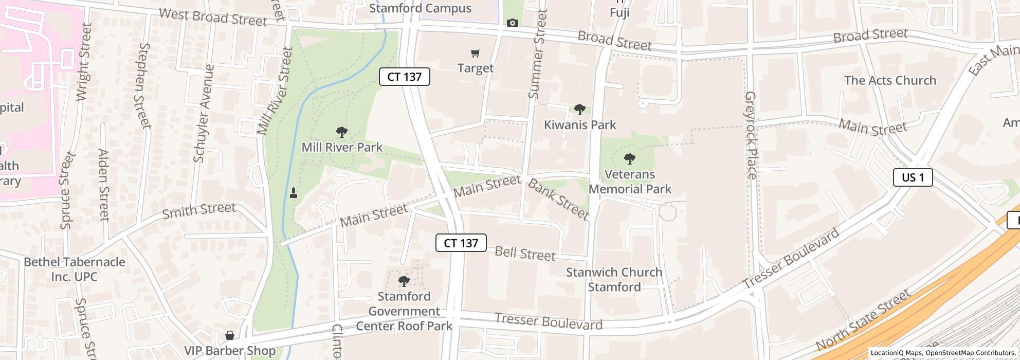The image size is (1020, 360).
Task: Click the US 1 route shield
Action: point(913,177)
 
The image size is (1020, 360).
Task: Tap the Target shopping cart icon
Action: point(476,53)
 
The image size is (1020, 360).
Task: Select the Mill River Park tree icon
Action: point(341,132)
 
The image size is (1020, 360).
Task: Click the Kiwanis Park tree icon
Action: point(579,109)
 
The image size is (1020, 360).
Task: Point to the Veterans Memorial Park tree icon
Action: point(629,158)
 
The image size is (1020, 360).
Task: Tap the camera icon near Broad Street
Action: point(512,23)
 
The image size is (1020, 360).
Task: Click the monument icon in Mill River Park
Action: point(294,193)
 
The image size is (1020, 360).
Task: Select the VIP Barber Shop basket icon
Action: point(230,335)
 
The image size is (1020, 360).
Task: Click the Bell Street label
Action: point(525,254)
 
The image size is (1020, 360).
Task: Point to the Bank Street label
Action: point(558,199)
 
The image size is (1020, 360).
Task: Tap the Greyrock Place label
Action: point(751,135)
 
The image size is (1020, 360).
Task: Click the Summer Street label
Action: point(538,54)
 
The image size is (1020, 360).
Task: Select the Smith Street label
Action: point(199,210)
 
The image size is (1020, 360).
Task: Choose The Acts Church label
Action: point(890,80)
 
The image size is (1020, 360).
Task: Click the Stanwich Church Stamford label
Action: point(614,279)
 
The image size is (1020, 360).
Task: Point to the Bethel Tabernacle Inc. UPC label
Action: point(75,269)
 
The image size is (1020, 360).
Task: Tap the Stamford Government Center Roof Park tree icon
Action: point(404,281)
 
